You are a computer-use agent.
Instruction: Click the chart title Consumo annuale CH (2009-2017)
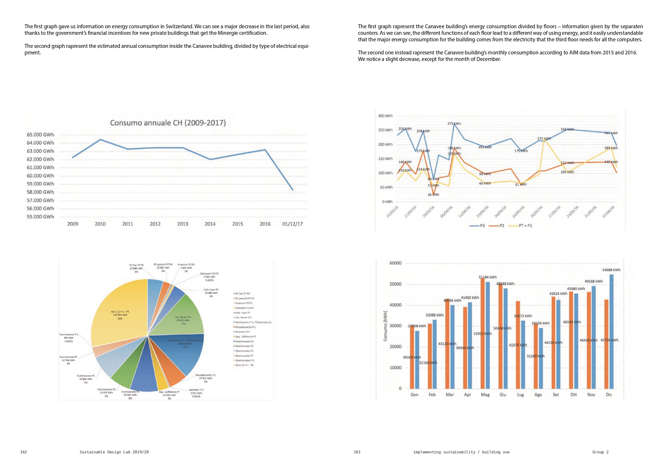[168, 123]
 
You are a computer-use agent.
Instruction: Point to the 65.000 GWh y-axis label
[40, 135]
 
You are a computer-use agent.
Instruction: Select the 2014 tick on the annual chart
[210, 224]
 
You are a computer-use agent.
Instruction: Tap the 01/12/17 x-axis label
[292, 224]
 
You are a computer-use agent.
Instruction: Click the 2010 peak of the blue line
[100, 140]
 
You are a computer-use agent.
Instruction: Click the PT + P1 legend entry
[521, 226]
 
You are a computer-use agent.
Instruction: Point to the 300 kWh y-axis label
[385, 116]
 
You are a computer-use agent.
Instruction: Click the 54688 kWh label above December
[611, 270]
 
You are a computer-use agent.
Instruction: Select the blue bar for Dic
[611, 331]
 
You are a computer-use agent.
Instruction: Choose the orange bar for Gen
[412, 358]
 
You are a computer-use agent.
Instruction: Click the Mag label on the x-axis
[485, 395]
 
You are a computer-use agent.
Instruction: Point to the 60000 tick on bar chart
[395, 263]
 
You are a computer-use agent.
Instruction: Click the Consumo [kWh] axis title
[385, 326]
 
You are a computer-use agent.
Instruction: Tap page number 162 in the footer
[24, 452]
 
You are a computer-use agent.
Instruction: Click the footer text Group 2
[600, 452]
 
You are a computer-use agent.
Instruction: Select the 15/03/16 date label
[392, 212]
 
